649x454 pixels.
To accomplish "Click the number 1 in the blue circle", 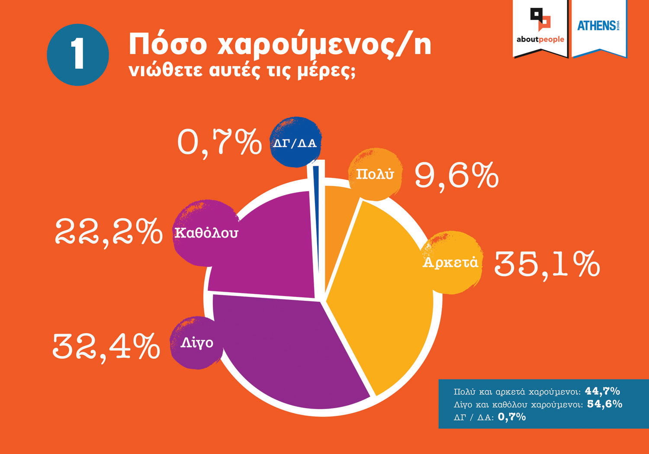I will click(x=78, y=54).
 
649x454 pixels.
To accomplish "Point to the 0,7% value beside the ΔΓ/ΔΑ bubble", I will click(x=219, y=142).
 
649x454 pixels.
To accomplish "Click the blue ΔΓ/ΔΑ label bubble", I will click(x=295, y=143).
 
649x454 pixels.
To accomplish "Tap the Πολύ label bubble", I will click(x=375, y=174).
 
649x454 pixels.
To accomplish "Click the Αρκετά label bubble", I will click(x=451, y=262).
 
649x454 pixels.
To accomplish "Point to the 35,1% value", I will click(x=547, y=264).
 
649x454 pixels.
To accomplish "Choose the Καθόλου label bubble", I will click(x=206, y=233).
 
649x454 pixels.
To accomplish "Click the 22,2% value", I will click(x=109, y=232).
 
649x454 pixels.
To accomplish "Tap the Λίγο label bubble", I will click(x=197, y=343).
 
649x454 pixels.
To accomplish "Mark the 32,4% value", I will click(x=106, y=346).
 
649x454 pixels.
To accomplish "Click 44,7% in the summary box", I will click(x=602, y=391).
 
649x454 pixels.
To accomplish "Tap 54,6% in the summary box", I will click(x=604, y=404).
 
